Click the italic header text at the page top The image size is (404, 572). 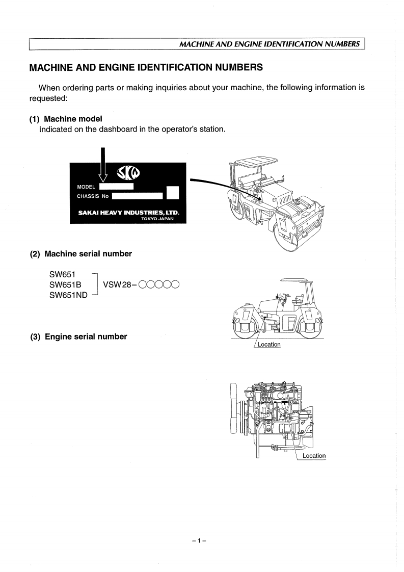click(x=271, y=44)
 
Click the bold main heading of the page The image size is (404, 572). click(x=146, y=67)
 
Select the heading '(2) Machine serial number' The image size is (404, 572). click(x=81, y=254)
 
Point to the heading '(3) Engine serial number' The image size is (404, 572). click(x=78, y=336)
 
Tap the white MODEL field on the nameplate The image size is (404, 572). click(x=116, y=187)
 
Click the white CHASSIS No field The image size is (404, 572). click(x=137, y=195)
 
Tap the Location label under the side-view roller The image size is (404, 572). click(x=269, y=344)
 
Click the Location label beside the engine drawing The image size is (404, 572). click(x=314, y=456)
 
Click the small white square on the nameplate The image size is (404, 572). click(x=173, y=193)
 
